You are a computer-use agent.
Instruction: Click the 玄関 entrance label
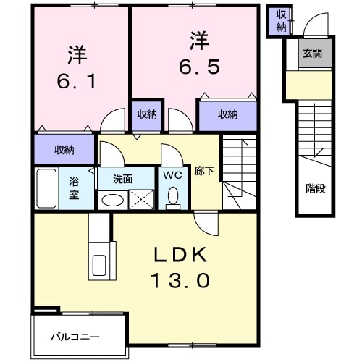coord(313,54)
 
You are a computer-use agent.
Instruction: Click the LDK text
coord(180,255)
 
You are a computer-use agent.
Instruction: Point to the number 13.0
coord(180,279)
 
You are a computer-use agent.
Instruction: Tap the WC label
coord(173,174)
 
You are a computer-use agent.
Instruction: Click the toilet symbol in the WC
coord(173,196)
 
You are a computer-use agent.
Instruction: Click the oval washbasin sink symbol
coord(111,201)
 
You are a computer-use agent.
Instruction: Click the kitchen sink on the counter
coord(98,266)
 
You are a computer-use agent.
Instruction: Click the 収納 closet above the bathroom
coord(64,150)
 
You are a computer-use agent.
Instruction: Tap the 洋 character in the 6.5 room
coord(200,38)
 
